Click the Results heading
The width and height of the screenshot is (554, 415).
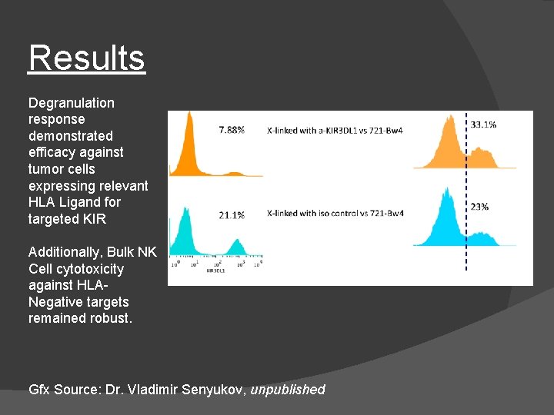[86, 58]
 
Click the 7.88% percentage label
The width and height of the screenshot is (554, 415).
[232, 130]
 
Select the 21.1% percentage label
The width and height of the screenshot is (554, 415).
[232, 215]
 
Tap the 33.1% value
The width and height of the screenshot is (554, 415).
[483, 124]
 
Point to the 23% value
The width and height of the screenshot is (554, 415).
[479, 207]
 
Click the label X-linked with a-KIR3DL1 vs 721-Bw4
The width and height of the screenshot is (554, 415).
[335, 130]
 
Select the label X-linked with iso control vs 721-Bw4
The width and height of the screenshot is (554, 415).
[335, 213]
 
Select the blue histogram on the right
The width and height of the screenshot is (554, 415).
[450, 223]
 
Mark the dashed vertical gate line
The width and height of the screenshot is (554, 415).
[466, 192]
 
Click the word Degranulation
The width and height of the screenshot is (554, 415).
[71, 103]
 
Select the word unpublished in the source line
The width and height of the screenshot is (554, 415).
[288, 390]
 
